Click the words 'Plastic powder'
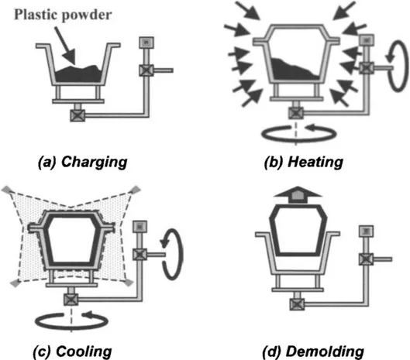[63, 15]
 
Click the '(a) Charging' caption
[83, 162]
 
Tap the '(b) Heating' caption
[304, 162]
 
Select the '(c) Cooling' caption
[72, 351]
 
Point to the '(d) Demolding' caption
[313, 351]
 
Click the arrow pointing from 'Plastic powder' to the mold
[65, 46]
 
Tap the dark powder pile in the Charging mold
[78, 74]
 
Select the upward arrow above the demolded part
[298, 194]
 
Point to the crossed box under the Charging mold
[78, 115]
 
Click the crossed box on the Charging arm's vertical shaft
[146, 70]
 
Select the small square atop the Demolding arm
[366, 231]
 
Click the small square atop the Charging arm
[146, 43]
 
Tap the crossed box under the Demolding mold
[298, 304]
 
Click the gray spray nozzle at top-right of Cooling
[136, 189]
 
